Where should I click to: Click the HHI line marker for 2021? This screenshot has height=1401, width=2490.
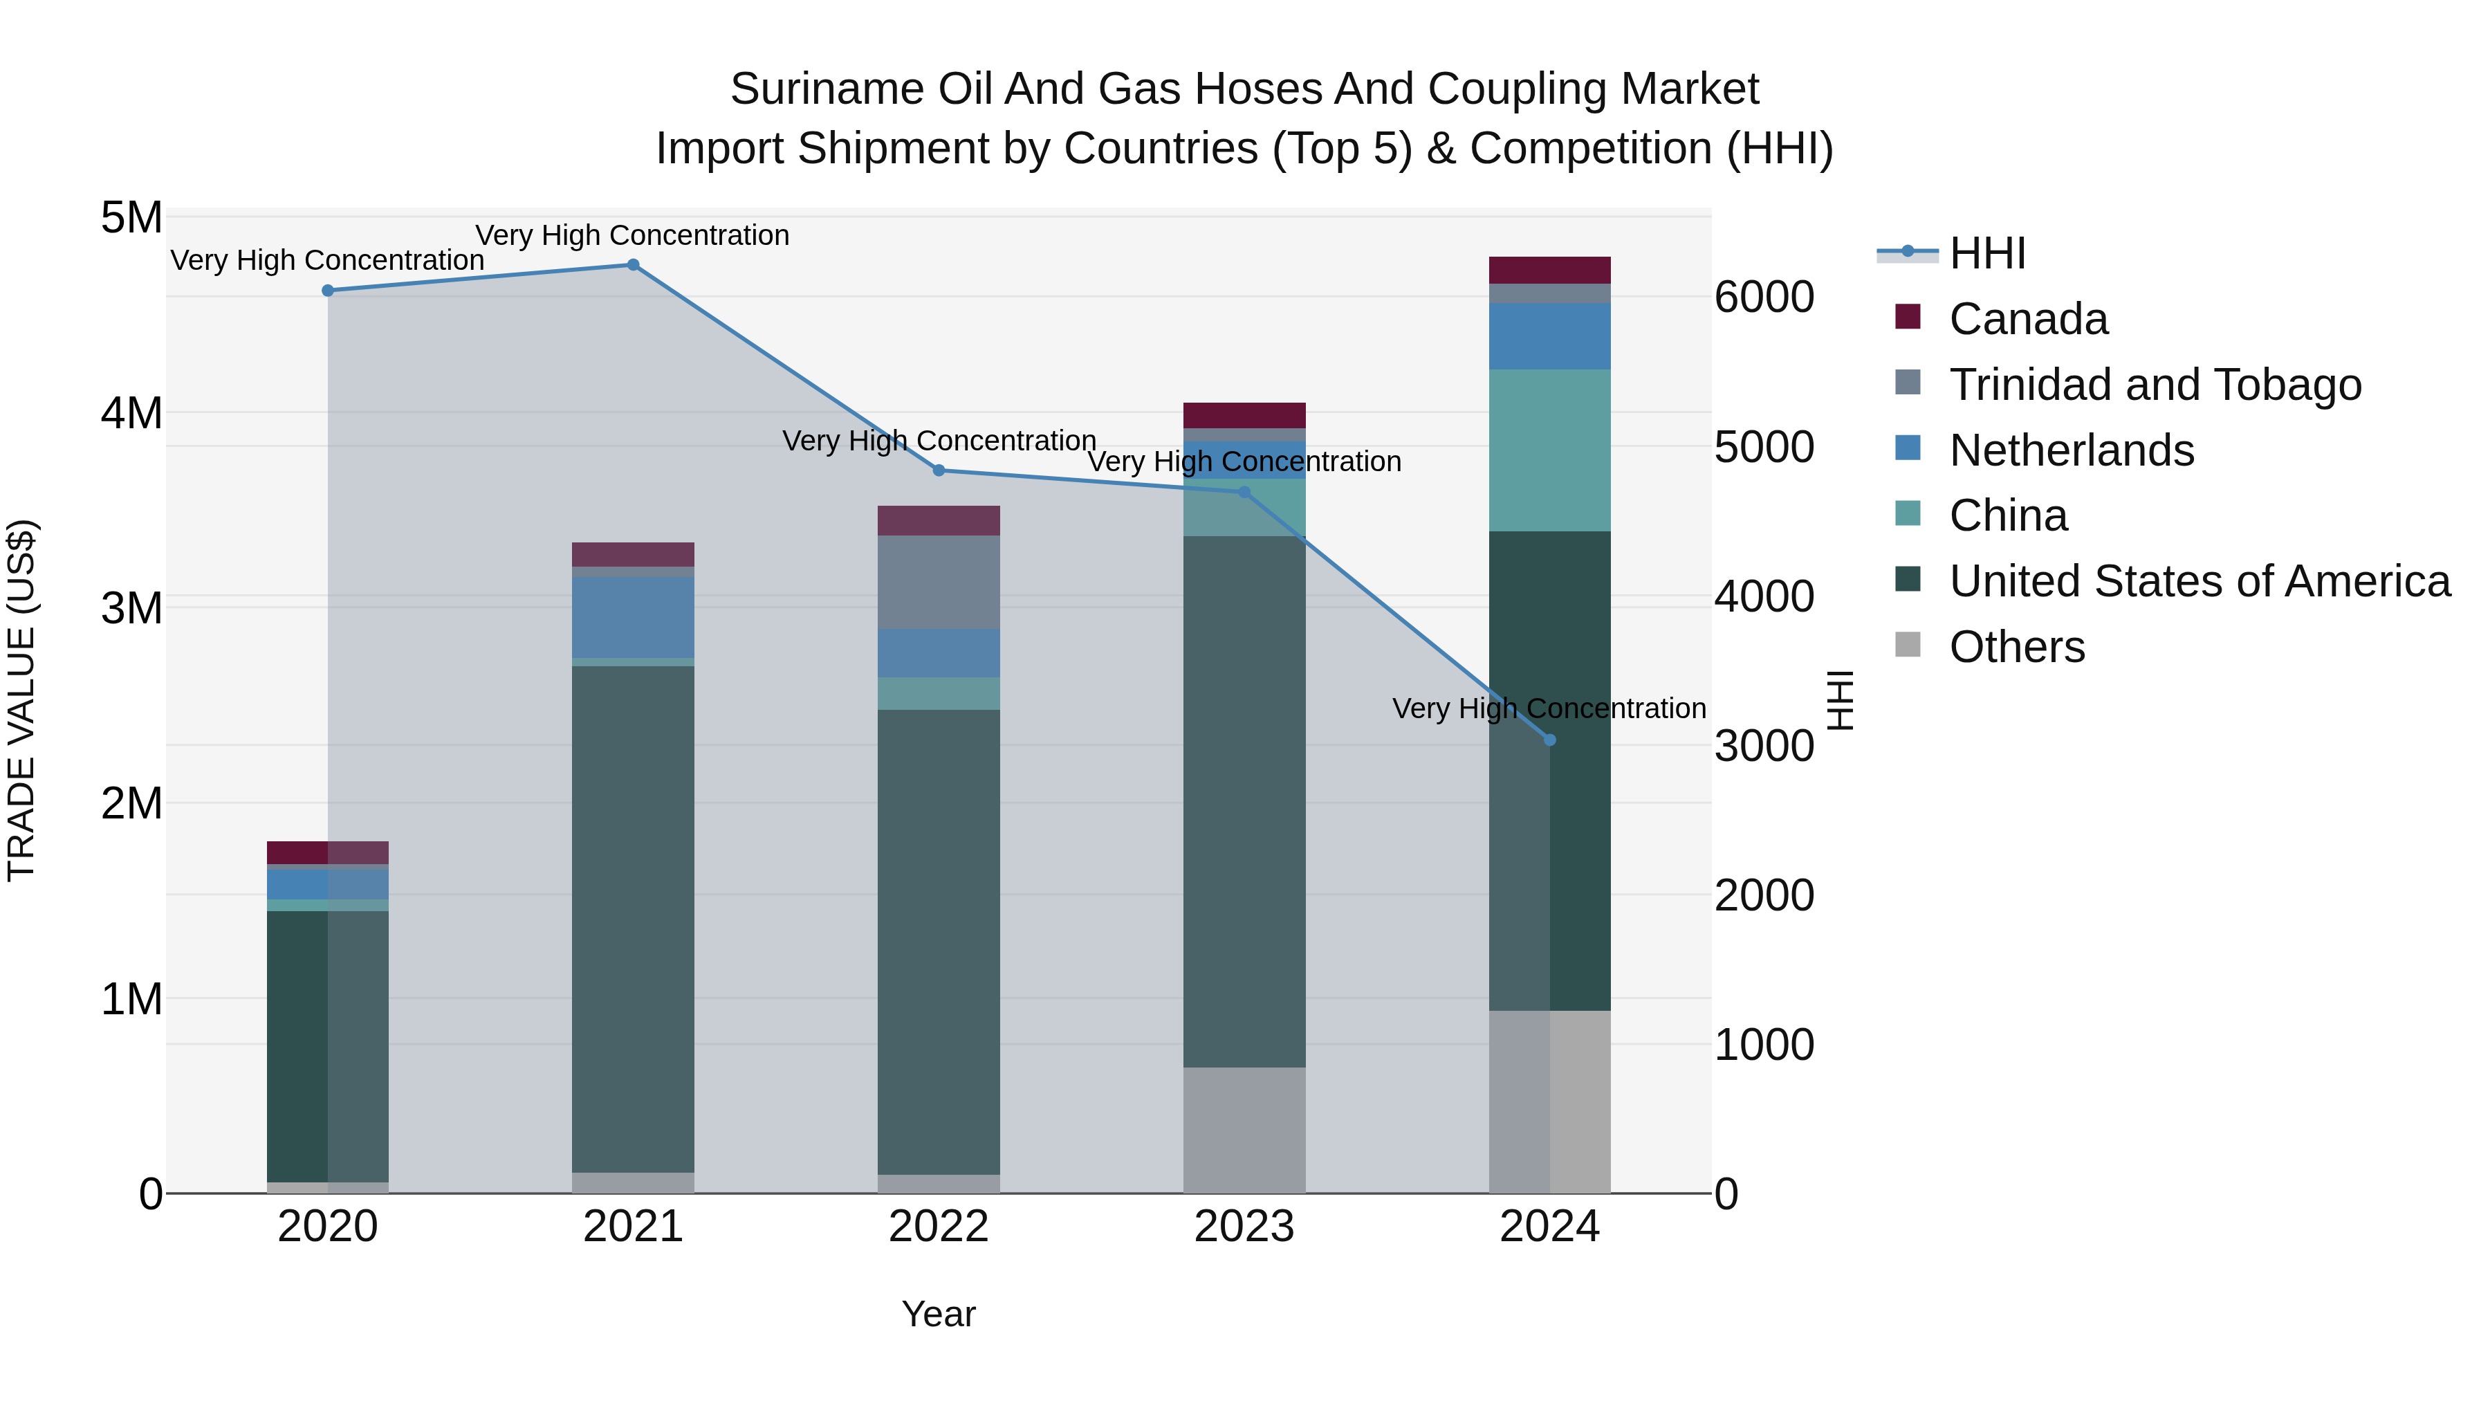[633, 265]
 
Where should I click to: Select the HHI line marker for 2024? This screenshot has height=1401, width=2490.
[1549, 740]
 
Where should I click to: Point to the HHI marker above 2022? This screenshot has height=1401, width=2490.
[939, 471]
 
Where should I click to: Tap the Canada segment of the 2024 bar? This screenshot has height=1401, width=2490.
[1549, 270]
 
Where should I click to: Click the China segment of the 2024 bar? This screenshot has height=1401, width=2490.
[1549, 450]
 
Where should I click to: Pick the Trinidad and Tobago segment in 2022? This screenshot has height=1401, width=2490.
[939, 582]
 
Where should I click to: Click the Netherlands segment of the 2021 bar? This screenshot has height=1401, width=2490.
[633, 617]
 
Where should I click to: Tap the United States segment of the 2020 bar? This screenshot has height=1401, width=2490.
[328, 1046]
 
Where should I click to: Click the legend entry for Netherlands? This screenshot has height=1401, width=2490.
[2070, 450]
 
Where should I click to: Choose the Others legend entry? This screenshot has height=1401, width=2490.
[2016, 647]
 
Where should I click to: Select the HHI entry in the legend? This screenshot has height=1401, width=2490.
[1986, 253]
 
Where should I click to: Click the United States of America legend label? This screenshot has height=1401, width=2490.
[2199, 581]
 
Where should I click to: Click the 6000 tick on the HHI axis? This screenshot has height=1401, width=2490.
[1764, 297]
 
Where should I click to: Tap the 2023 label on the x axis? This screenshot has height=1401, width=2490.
[1244, 1227]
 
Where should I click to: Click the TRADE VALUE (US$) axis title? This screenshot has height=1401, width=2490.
[21, 700]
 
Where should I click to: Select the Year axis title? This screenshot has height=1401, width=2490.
[939, 1314]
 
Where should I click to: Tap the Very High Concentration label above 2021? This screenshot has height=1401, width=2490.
[632, 235]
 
